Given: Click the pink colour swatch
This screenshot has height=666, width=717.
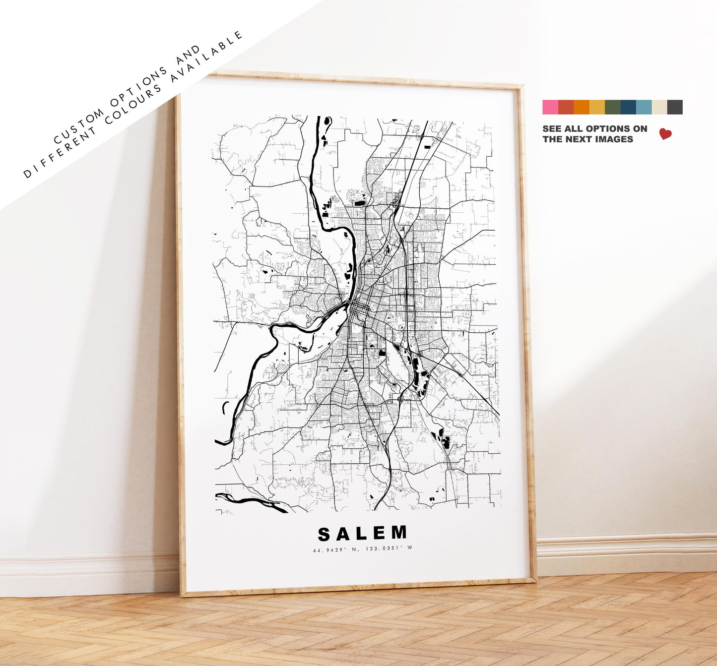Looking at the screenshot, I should (x=550, y=107).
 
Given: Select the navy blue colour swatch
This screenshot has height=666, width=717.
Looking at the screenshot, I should (x=628, y=107).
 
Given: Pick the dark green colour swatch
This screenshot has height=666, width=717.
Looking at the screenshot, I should (x=613, y=107).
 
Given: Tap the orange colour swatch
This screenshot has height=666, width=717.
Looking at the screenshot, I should (x=582, y=107).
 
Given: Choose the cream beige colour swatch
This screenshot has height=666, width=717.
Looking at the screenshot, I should (x=659, y=107).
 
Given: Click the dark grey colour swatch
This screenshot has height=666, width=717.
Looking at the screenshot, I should (x=675, y=107).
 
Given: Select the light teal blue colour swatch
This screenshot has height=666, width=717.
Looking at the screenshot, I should (x=644, y=107).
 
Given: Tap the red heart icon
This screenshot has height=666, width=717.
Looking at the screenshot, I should (x=665, y=134).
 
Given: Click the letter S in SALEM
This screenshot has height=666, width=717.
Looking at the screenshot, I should (x=325, y=534).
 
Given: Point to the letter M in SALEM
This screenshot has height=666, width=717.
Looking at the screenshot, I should (x=398, y=533).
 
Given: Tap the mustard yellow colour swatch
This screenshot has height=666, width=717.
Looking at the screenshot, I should (x=597, y=107).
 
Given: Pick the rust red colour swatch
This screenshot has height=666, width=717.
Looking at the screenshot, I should (x=566, y=107).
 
